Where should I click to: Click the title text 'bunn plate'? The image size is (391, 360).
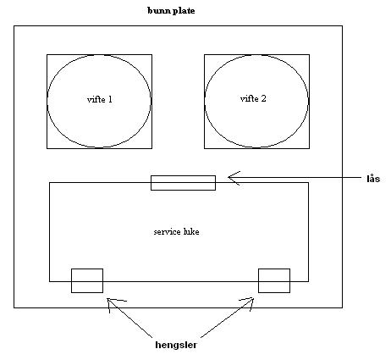(171, 11)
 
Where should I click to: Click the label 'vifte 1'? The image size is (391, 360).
(100, 99)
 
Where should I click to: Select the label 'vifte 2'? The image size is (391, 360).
(253, 98)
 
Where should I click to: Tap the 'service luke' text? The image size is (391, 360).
(176, 232)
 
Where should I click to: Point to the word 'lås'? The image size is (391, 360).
(373, 179)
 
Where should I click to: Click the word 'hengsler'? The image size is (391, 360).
(176, 345)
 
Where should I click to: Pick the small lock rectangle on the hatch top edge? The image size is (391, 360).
(183, 183)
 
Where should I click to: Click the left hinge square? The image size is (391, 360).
(87, 280)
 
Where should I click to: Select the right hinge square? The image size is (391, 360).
(274, 280)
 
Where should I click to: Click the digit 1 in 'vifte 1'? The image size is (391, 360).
(110, 99)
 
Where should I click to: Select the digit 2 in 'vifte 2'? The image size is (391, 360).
(263, 98)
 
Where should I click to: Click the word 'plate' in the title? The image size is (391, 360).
(184, 11)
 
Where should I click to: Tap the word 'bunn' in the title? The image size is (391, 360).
(159, 11)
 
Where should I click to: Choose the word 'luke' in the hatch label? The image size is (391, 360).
(191, 232)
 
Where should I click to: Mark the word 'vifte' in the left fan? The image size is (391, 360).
(96, 99)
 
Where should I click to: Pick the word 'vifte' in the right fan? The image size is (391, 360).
(249, 98)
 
